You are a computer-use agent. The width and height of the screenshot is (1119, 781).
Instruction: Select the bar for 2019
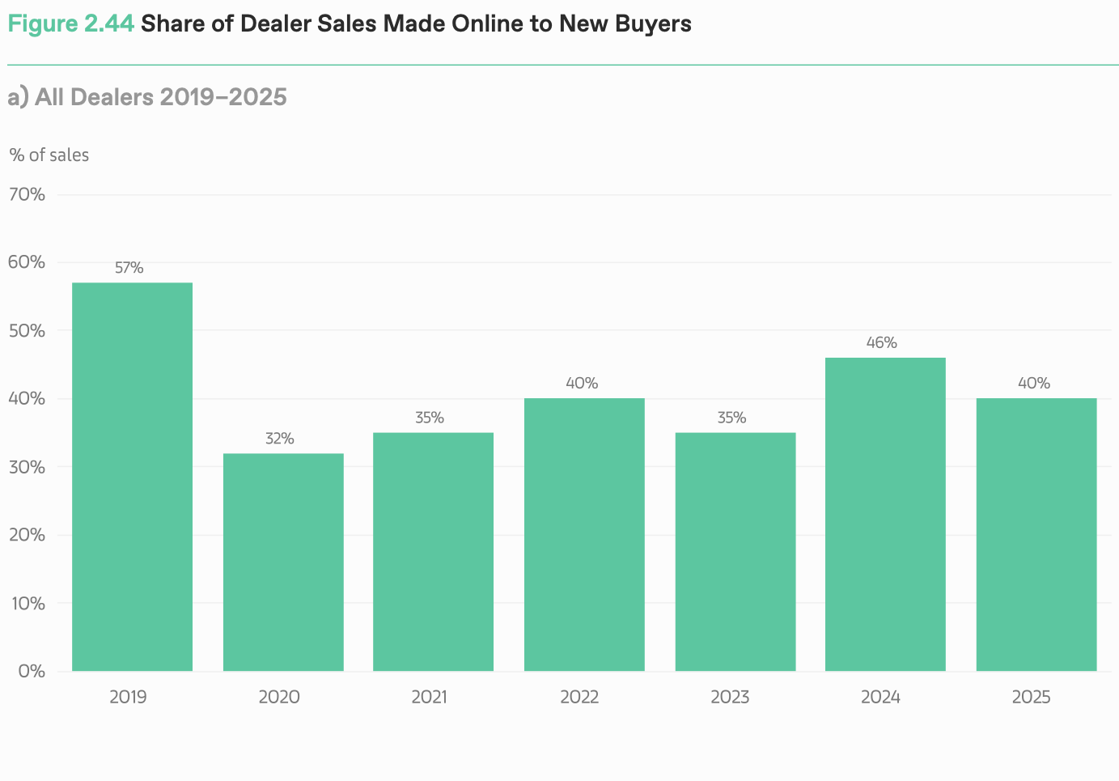[x=132, y=477]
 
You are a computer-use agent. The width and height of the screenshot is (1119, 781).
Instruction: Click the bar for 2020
[x=283, y=562]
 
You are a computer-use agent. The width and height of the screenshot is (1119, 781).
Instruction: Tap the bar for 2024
[x=885, y=514]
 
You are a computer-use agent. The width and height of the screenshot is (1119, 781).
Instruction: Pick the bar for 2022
[x=584, y=534]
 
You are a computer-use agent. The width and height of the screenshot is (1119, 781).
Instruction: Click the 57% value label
[x=129, y=268]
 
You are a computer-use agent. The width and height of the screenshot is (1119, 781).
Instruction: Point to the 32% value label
[x=280, y=439]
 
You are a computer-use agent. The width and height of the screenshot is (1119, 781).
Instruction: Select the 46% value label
[x=881, y=343]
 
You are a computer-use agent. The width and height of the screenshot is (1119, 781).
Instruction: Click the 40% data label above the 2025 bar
[x=1033, y=384]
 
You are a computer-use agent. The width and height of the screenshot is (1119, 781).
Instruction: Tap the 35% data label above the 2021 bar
[x=430, y=418]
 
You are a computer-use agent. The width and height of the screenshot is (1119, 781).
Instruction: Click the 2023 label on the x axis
[x=730, y=697]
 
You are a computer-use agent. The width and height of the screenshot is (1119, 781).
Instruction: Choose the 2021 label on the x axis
[x=429, y=697]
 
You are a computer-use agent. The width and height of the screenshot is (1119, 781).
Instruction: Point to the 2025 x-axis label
[x=1031, y=697]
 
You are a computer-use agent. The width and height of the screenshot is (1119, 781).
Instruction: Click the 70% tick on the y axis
[x=27, y=194]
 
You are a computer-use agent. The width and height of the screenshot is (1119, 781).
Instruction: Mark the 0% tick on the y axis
[x=32, y=671]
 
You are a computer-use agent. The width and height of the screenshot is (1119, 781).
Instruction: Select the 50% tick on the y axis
[x=27, y=331]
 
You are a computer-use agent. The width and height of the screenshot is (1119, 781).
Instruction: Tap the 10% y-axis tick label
[x=27, y=603]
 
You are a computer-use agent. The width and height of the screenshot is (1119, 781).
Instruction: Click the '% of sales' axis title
[x=49, y=155]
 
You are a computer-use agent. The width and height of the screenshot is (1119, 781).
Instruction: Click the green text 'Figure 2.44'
[x=70, y=23]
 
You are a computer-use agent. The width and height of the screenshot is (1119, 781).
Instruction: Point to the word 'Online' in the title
[x=488, y=23]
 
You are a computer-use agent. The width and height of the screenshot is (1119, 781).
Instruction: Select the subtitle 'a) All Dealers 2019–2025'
[x=147, y=97]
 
